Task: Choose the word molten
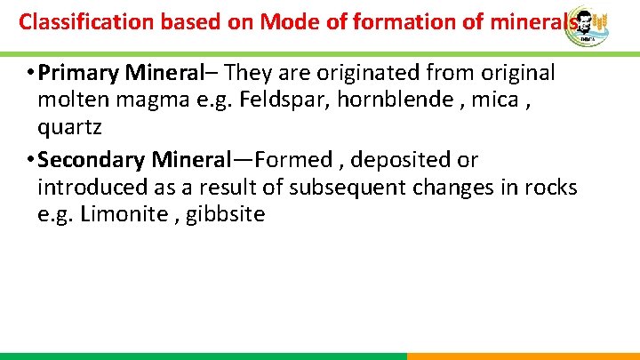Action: pos(74,99)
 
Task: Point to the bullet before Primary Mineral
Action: pos(30,72)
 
